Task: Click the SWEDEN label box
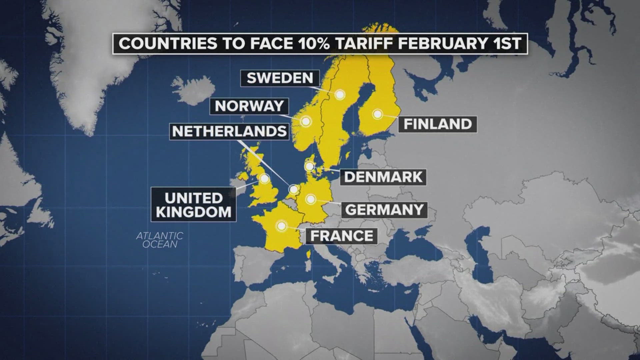click(x=280, y=78)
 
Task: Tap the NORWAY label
click(x=249, y=106)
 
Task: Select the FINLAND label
click(x=438, y=124)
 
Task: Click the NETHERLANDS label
click(x=229, y=131)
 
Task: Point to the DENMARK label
click(x=383, y=177)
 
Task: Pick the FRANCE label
click(x=342, y=236)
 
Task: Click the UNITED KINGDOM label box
click(x=194, y=205)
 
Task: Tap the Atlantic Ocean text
click(x=160, y=240)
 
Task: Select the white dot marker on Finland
click(x=377, y=114)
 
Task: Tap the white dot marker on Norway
click(x=306, y=121)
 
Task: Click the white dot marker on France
click(x=282, y=226)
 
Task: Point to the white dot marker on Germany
click(x=311, y=199)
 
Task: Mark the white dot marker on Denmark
click(x=309, y=166)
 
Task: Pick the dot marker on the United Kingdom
click(x=264, y=179)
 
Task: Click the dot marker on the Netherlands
click(x=294, y=189)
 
